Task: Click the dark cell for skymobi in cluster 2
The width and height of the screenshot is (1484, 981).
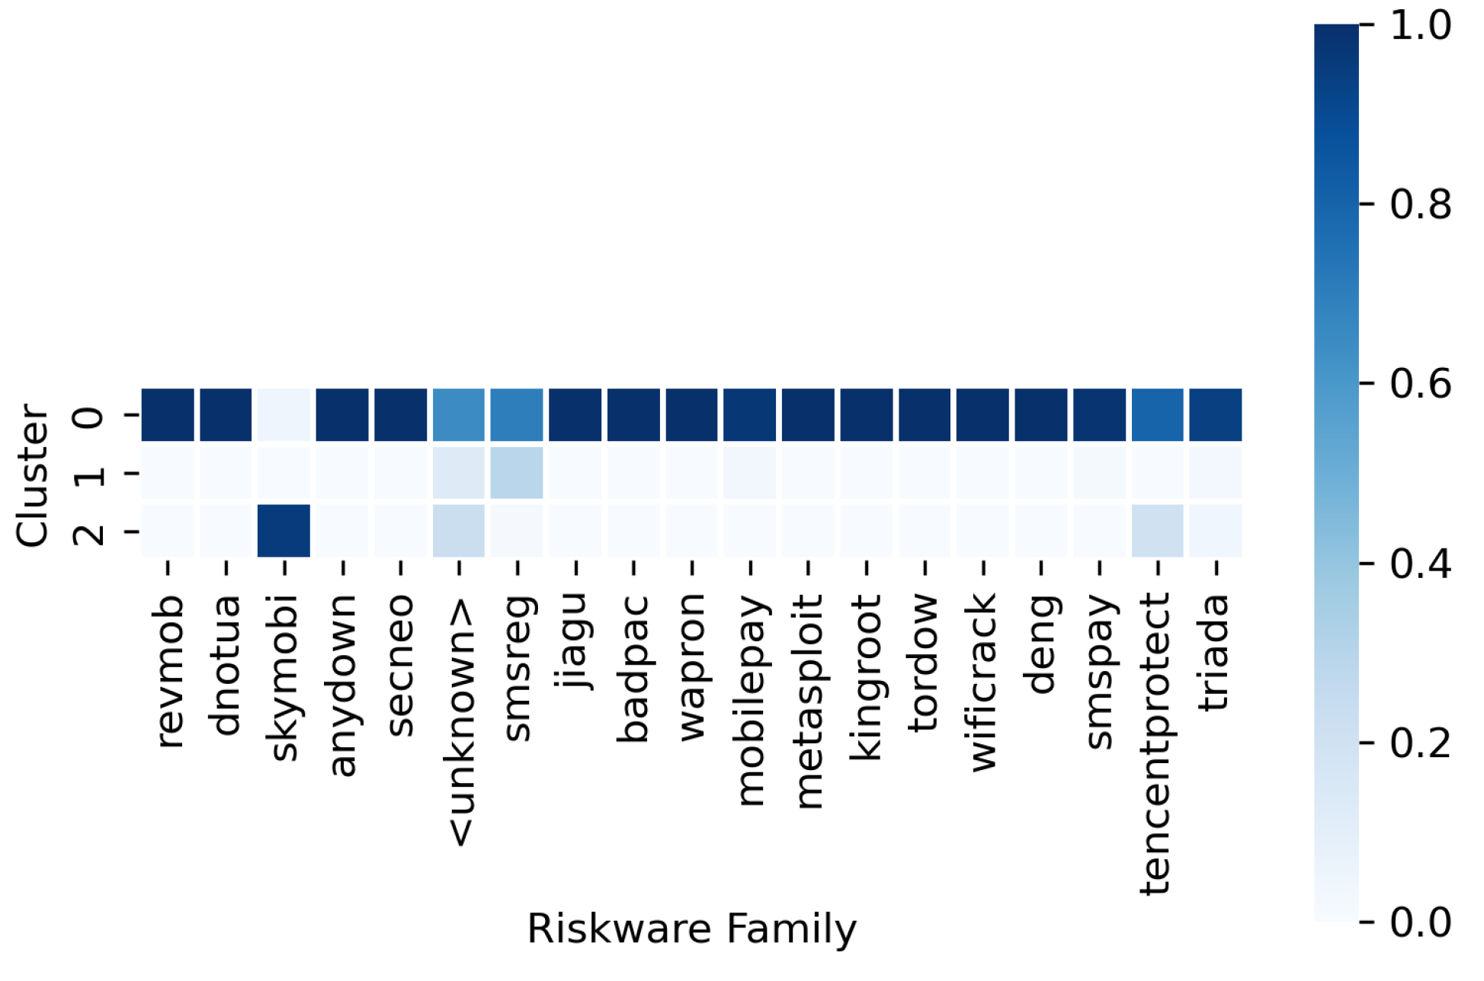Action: pos(284,531)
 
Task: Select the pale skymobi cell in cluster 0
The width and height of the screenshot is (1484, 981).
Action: pos(284,415)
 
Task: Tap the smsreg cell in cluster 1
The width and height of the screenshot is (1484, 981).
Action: pos(517,473)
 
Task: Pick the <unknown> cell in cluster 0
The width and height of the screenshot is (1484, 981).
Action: pos(459,415)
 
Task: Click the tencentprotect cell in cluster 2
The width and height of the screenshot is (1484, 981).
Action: pos(1157,531)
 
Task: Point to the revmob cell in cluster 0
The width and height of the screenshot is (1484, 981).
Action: pos(168,415)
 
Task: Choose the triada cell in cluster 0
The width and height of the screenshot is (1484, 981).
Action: pos(1215,415)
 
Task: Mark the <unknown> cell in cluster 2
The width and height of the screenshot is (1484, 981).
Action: pos(459,531)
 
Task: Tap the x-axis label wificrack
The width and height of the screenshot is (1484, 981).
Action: pos(982,682)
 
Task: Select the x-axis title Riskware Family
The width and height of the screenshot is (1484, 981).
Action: pos(691,929)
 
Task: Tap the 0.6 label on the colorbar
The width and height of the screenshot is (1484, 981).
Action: pos(1420,384)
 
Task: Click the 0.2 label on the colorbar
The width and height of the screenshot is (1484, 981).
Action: pos(1420,743)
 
